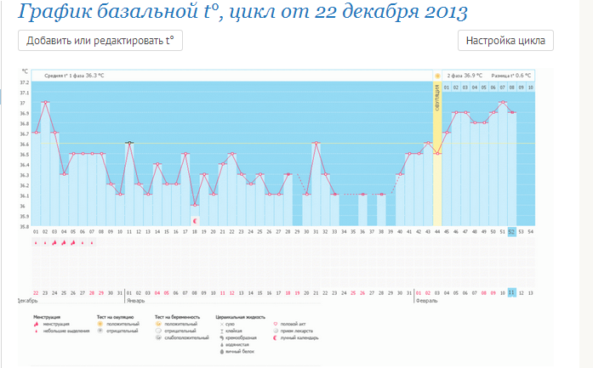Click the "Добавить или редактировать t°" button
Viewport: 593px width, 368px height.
(x=100, y=40)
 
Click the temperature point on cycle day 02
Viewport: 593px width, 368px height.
(x=45, y=103)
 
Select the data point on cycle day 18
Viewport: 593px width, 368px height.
(x=195, y=205)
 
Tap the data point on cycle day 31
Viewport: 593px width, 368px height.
(x=316, y=143)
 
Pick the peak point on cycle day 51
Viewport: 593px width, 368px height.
(x=503, y=103)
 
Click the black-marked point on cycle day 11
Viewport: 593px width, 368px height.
(x=129, y=143)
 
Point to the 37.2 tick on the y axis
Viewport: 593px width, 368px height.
(x=25, y=82)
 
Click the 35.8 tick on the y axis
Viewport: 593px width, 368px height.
(x=25, y=226)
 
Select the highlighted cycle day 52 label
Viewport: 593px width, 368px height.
(x=512, y=231)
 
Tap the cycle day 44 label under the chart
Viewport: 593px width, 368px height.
(x=437, y=231)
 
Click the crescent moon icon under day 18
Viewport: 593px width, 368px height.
(x=195, y=221)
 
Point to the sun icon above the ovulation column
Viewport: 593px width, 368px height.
(x=437, y=76)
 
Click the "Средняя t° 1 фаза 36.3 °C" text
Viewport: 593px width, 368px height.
(x=74, y=76)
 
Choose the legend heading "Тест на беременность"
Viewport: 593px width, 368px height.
(x=176, y=316)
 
